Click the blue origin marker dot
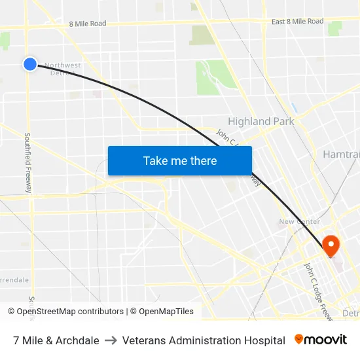coord(29,63)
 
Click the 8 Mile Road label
coord(87,24)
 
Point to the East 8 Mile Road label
coord(297,22)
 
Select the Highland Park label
coord(261,121)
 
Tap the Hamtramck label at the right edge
coord(341,154)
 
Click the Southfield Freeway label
coord(28,163)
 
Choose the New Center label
coord(299,221)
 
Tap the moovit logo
coord(321,340)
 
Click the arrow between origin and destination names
coord(111,340)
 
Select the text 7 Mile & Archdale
coord(56,340)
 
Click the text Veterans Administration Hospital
coord(204,340)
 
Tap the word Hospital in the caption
coord(264,340)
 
